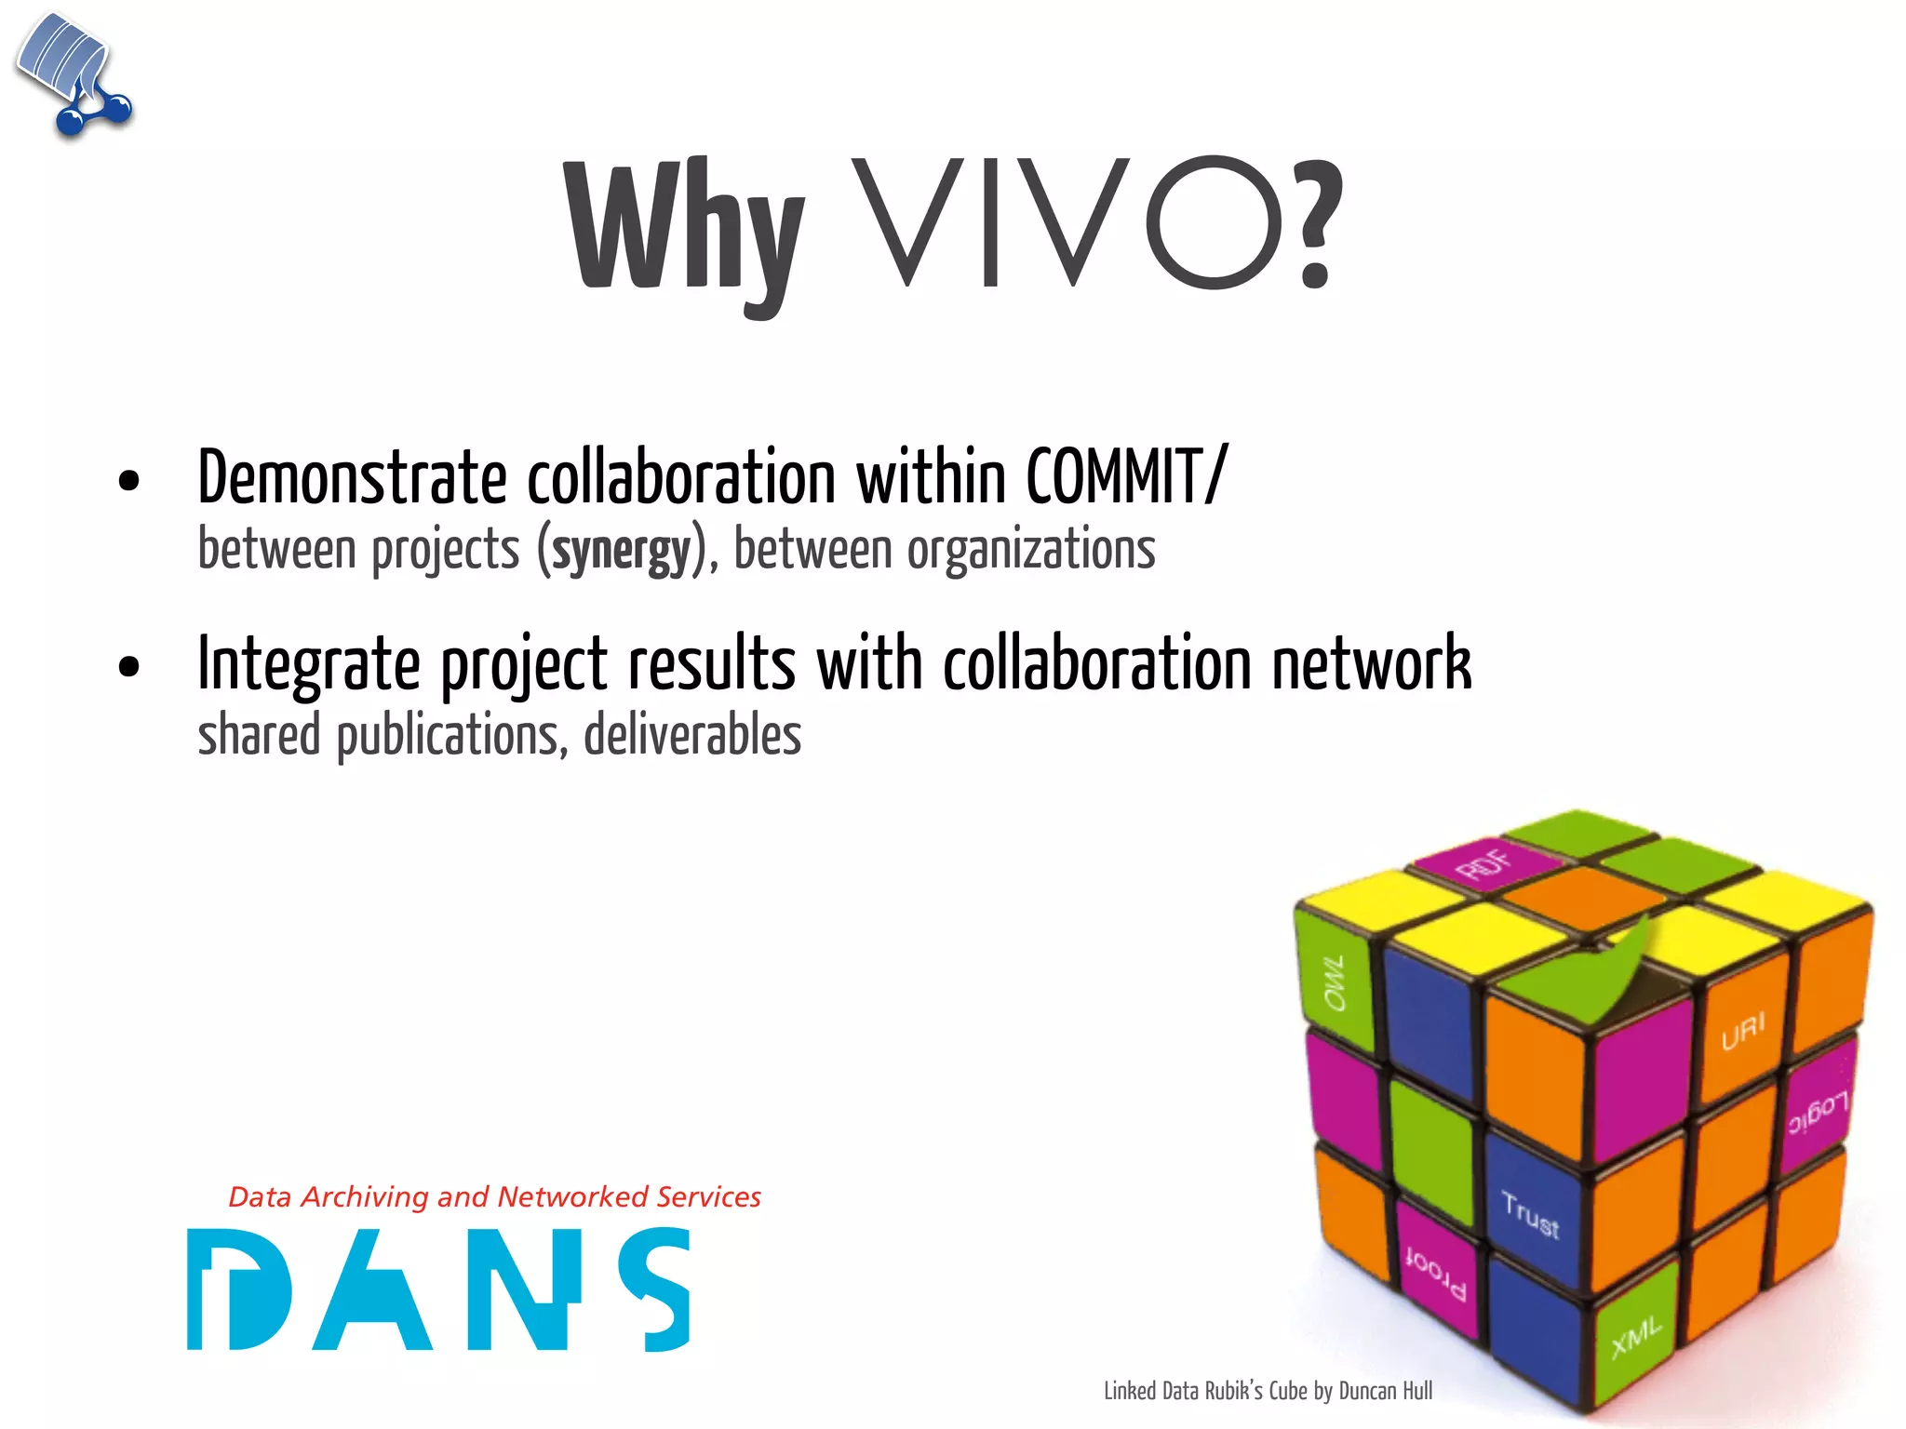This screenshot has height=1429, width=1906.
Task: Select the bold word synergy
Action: [x=622, y=550]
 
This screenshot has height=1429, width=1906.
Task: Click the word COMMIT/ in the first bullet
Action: [x=1126, y=477]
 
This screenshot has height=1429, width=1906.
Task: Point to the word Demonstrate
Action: [x=352, y=477]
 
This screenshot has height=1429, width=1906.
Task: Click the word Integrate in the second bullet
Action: [x=308, y=664]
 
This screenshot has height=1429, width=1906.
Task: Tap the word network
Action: [x=1372, y=664]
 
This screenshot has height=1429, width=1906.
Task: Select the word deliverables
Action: [x=692, y=735]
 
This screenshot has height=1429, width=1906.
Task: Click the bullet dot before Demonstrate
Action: [x=128, y=481]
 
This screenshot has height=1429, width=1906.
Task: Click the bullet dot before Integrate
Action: [x=128, y=667]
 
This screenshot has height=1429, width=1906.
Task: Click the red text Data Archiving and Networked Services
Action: [x=494, y=1196]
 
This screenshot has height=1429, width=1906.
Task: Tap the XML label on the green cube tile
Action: [x=1636, y=1337]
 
